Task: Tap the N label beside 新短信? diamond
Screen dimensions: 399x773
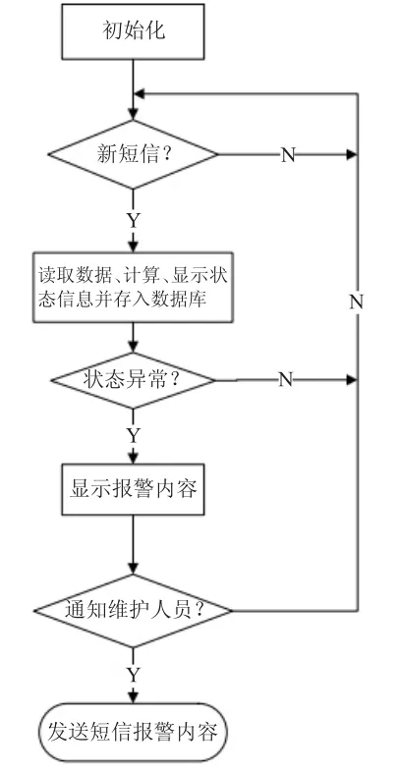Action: [x=288, y=155]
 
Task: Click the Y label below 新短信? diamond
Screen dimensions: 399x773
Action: [x=134, y=221]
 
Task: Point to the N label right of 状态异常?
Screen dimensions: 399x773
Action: [x=286, y=379]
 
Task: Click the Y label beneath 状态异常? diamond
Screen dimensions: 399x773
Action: [x=134, y=435]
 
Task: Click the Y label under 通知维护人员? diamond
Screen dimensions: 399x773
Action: [x=134, y=674]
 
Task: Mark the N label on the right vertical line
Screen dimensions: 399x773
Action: [x=357, y=302]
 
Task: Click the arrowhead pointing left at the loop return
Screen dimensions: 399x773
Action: [x=140, y=93]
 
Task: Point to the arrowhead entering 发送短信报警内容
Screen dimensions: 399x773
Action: [x=134, y=697]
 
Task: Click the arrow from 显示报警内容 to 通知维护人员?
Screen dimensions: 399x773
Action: [x=134, y=545]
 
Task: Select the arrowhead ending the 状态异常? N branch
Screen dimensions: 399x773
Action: [x=352, y=379]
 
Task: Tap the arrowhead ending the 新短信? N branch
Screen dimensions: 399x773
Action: [x=352, y=155]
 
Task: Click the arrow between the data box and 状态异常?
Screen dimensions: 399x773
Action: [x=134, y=337]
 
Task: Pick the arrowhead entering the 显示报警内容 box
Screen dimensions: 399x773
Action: [x=134, y=458]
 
